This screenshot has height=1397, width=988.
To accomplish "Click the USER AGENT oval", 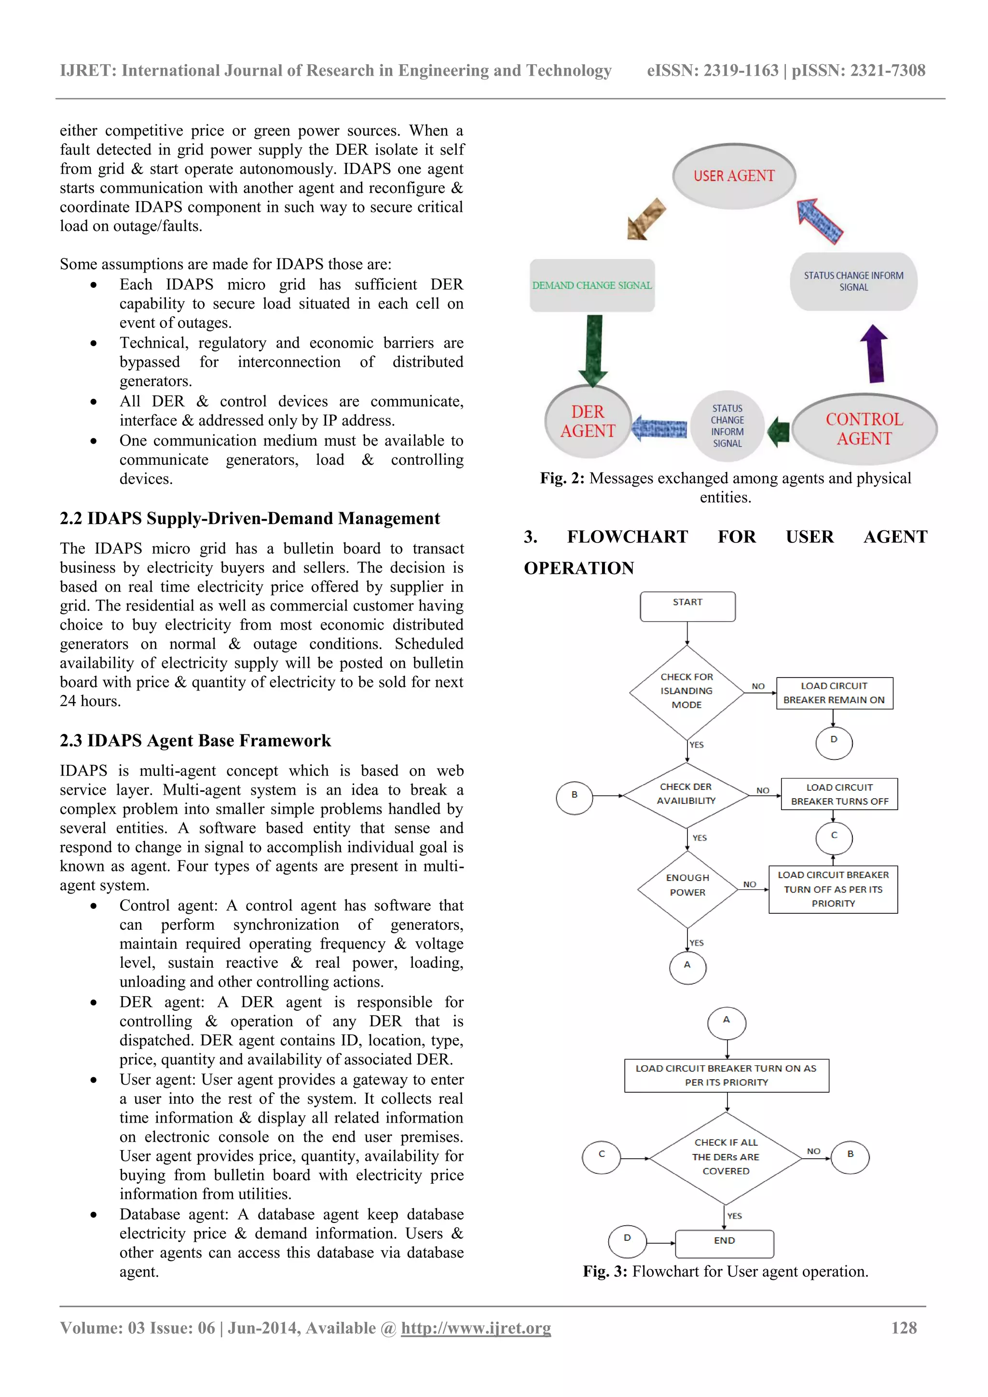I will (734, 176).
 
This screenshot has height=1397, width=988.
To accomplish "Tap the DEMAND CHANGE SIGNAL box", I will (592, 285).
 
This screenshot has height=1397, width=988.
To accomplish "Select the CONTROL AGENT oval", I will (864, 429).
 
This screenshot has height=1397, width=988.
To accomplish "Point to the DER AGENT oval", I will (588, 421).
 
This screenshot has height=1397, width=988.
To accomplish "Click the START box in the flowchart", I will (687, 606).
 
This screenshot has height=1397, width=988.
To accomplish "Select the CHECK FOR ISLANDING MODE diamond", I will (686, 691).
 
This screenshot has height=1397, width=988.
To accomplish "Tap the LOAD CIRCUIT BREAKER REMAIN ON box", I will (834, 693).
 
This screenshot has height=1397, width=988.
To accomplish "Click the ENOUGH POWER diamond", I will (687, 886).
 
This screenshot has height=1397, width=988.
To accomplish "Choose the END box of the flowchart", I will (725, 1243).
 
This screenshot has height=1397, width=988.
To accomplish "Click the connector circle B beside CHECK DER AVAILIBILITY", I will (574, 796).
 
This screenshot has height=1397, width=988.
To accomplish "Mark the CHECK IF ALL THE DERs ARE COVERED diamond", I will (726, 1157).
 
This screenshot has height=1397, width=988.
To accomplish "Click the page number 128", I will (904, 1328).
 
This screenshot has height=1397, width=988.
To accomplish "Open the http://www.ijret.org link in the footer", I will (476, 1328).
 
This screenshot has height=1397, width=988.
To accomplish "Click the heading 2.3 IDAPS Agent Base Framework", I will (195, 741).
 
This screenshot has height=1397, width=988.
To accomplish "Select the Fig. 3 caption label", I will (604, 1272).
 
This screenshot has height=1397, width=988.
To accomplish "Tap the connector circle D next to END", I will (627, 1241).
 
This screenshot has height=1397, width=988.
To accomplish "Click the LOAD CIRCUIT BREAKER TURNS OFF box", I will (839, 794).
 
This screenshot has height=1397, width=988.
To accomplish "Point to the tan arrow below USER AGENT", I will (645, 219).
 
